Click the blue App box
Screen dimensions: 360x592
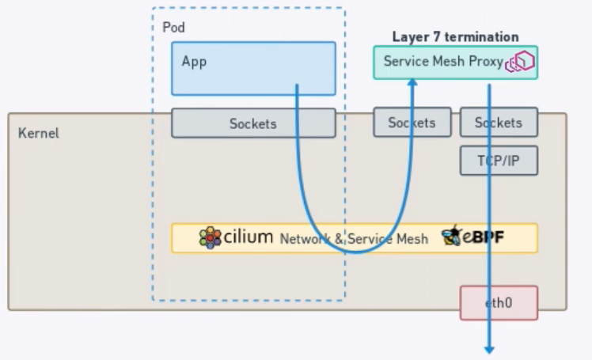coord(253,68)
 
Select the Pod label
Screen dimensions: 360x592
coord(173,27)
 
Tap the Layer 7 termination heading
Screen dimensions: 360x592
coord(455,37)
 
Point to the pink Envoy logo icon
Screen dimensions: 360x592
coord(524,62)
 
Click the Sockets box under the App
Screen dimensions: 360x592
coord(253,123)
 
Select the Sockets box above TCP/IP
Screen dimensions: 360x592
coord(499,123)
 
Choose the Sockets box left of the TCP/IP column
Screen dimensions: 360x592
coord(412,123)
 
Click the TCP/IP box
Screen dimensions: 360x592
coord(499,160)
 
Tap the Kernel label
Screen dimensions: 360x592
coord(38,133)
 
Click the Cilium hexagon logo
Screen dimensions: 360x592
coord(210,238)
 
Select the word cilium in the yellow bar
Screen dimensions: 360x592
coord(249,237)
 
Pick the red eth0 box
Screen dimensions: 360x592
coord(499,303)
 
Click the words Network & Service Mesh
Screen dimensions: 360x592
coord(354,239)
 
